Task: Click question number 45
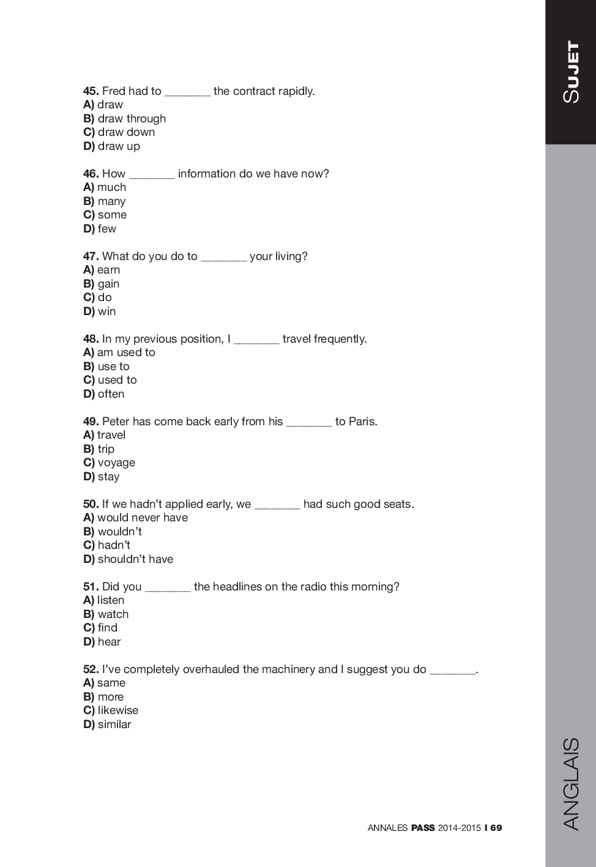coord(91,91)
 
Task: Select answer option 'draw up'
coord(119,146)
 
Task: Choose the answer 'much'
coord(111,187)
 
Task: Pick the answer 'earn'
coord(108,270)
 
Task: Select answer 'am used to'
coord(126,352)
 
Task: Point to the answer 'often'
coord(111,394)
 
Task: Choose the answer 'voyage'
coord(116,463)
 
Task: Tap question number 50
coord(91,504)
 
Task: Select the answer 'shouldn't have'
coord(135,559)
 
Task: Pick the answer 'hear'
coord(109,642)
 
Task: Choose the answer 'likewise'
coord(118,710)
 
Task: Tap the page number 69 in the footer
coord(496,828)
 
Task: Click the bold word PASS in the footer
coord(423,828)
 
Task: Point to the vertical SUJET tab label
coord(571,72)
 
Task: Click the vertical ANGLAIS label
coord(571,784)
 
